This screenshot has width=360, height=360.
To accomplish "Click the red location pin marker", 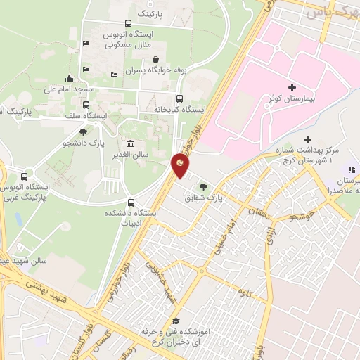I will [181, 165].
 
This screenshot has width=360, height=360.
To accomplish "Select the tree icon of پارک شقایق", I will [203, 186].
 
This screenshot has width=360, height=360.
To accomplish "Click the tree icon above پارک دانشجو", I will [83, 131].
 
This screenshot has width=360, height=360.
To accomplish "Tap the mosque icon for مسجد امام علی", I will [68, 78].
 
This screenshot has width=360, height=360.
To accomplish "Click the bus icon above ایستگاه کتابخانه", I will [179, 98].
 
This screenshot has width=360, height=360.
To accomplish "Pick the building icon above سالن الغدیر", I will [131, 143].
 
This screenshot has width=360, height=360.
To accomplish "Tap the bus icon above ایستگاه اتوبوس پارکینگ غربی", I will [25, 176].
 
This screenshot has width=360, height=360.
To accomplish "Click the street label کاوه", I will [244, 290].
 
